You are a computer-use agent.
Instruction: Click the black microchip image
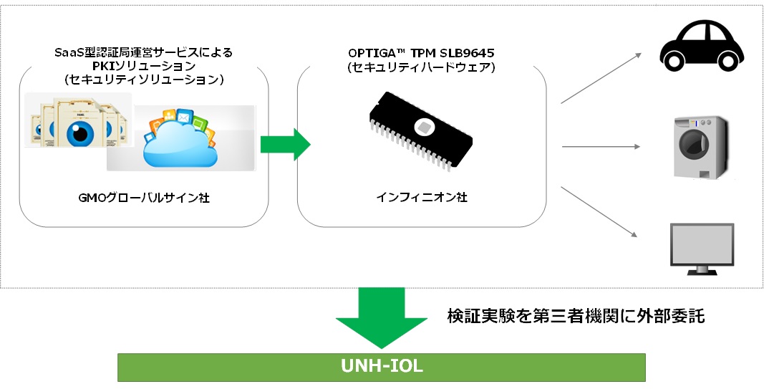(x=421, y=135)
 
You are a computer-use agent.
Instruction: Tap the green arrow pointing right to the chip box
(x=284, y=145)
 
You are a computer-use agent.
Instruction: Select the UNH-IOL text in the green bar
(x=382, y=367)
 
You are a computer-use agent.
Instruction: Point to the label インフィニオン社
(x=421, y=197)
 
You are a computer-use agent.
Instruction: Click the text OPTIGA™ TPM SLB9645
(x=421, y=54)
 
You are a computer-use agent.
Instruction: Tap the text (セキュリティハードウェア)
(x=421, y=67)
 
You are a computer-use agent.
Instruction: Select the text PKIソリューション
(x=143, y=66)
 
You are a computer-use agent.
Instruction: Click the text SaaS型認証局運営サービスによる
(x=143, y=52)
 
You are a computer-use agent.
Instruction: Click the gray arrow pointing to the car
(x=600, y=77)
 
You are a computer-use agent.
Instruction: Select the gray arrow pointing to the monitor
(x=600, y=212)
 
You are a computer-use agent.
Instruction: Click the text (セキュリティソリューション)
(x=143, y=80)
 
